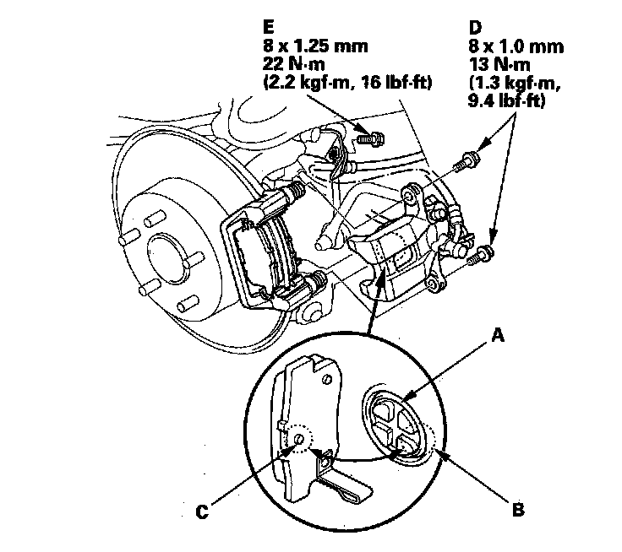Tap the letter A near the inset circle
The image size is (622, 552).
499,335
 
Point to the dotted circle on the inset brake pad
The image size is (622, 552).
297,439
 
